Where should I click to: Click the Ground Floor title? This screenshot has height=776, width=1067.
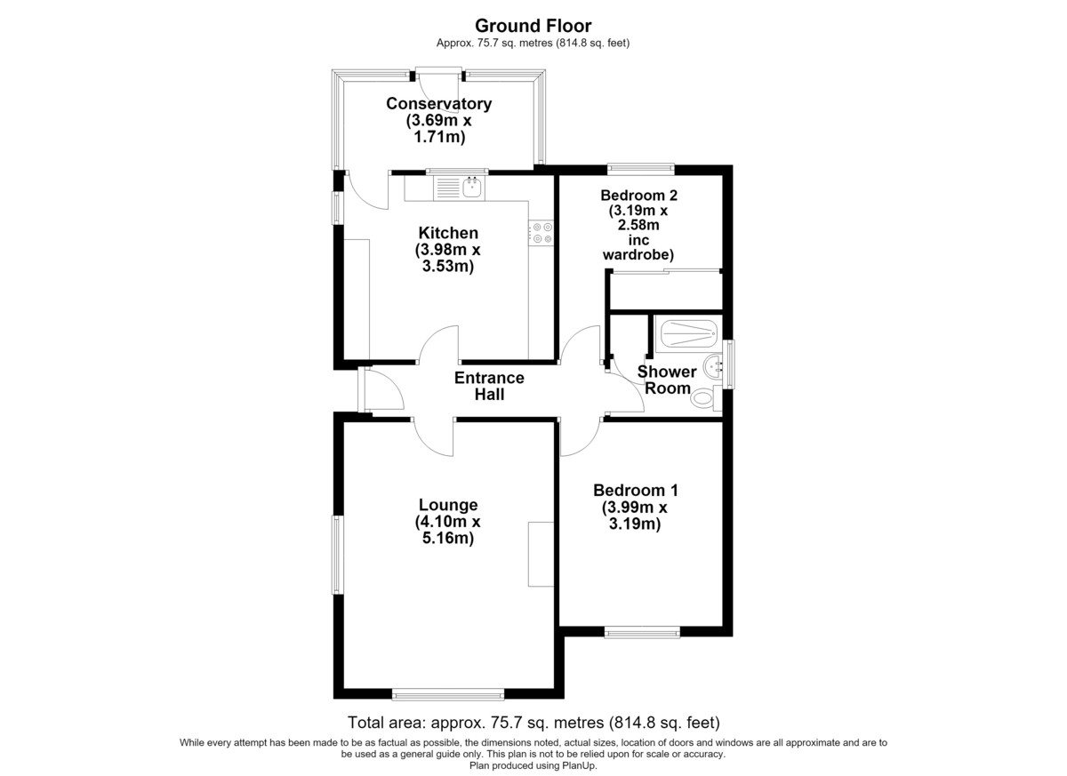pyautogui.click(x=533, y=26)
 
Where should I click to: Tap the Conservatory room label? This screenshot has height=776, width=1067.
pyautogui.click(x=438, y=104)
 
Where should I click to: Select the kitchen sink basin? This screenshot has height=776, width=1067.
pyautogui.click(x=472, y=188)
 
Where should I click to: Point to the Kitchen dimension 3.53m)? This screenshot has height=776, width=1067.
pyautogui.click(x=448, y=266)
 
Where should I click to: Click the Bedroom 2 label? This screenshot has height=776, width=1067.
pyautogui.click(x=638, y=196)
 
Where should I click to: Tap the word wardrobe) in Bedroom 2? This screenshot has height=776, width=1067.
pyautogui.click(x=638, y=255)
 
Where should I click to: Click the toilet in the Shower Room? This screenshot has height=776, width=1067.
pyautogui.click(x=705, y=396)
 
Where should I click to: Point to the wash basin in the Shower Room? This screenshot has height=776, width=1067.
pyautogui.click(x=712, y=367)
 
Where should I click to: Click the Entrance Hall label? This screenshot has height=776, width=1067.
pyautogui.click(x=489, y=386)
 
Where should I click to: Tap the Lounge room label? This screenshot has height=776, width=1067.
pyautogui.click(x=448, y=505)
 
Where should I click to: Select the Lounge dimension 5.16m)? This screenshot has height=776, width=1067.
pyautogui.click(x=448, y=539)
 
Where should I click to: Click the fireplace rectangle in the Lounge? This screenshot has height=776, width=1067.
pyautogui.click(x=541, y=555)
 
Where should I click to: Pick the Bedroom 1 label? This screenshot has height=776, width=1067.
pyautogui.click(x=636, y=491)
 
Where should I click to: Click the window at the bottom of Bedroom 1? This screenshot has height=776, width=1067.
pyautogui.click(x=642, y=632)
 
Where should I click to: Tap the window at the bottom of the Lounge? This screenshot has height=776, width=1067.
pyautogui.click(x=448, y=694)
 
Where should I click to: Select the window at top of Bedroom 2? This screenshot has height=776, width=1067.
pyautogui.click(x=641, y=169)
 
